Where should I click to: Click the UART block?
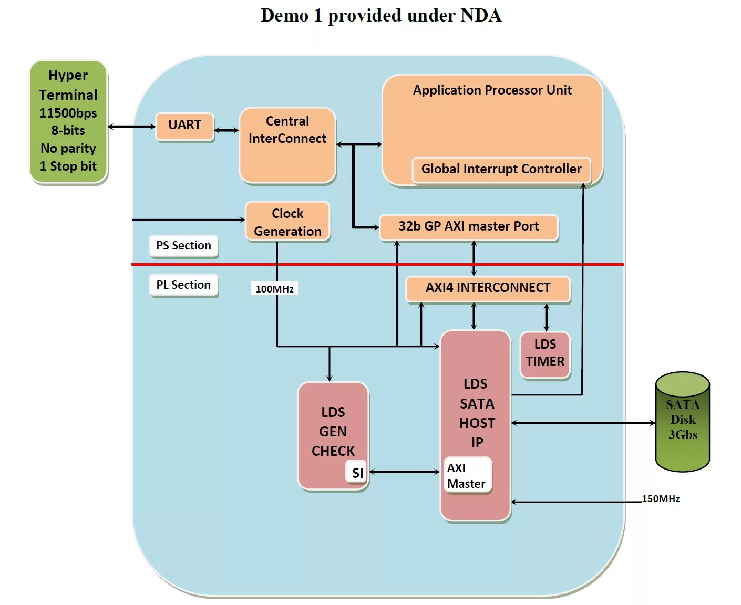184,126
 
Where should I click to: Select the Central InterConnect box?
287,145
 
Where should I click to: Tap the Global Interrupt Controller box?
501,170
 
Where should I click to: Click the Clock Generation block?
287,222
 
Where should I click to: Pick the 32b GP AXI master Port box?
468,227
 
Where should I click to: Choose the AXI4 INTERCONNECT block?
488,288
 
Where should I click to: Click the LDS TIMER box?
545,354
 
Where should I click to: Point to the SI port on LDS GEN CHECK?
357,473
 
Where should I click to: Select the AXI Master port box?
467,475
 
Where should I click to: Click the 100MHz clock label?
274,289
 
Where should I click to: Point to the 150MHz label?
661,499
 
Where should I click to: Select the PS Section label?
183,246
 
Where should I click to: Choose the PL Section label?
183,285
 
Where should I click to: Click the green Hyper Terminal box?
68,121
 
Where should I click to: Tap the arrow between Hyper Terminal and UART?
131,127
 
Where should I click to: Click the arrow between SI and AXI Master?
405,472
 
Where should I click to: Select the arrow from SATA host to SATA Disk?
583,423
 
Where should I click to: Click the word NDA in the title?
481,15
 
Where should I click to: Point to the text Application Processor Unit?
492,90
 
